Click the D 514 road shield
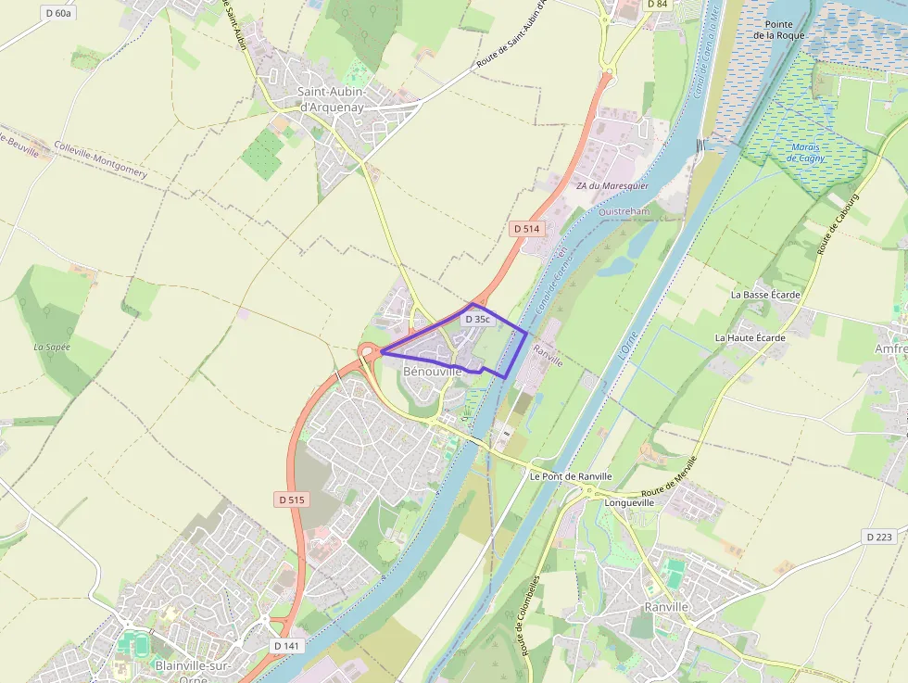[x=525, y=228]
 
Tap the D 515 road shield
[x=291, y=499]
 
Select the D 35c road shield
[x=476, y=319]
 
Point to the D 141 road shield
[x=287, y=645]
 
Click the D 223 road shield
[x=878, y=537]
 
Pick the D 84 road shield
[x=657, y=5]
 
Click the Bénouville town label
[x=432, y=371]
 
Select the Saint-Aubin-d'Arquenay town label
[x=331, y=98]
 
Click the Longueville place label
[x=629, y=502]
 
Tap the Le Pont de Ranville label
[x=571, y=475]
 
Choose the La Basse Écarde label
[x=764, y=294]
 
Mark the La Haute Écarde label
[x=750, y=337]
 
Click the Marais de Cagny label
[x=804, y=152]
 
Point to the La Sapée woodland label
[x=53, y=347]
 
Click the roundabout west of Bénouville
[x=369, y=351]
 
